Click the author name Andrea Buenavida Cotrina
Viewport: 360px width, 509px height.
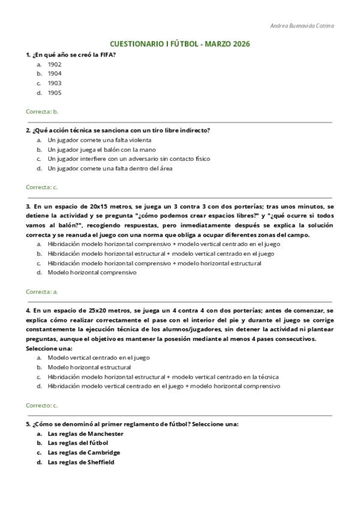(x=302, y=26)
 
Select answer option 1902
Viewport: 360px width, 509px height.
(x=55, y=64)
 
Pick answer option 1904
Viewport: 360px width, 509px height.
(x=55, y=74)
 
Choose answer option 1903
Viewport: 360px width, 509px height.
(x=55, y=83)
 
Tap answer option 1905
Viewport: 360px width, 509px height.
(x=55, y=93)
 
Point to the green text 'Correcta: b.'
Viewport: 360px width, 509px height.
(x=42, y=112)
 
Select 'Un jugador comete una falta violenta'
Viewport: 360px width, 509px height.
(x=99, y=140)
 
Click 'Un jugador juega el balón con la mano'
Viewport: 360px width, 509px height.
(x=101, y=149)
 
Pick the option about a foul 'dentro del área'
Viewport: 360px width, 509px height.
(x=110, y=169)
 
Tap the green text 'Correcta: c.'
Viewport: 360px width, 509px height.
(x=42, y=187)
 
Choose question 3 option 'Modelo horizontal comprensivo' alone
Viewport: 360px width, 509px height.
(x=92, y=273)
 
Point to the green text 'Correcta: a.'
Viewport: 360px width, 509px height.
(x=42, y=291)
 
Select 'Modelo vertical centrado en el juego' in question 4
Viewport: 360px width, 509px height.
(x=98, y=358)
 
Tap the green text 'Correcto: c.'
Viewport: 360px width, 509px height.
(x=42, y=405)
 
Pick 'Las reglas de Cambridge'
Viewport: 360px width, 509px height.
(x=83, y=453)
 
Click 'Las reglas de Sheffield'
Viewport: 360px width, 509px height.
(x=81, y=462)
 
